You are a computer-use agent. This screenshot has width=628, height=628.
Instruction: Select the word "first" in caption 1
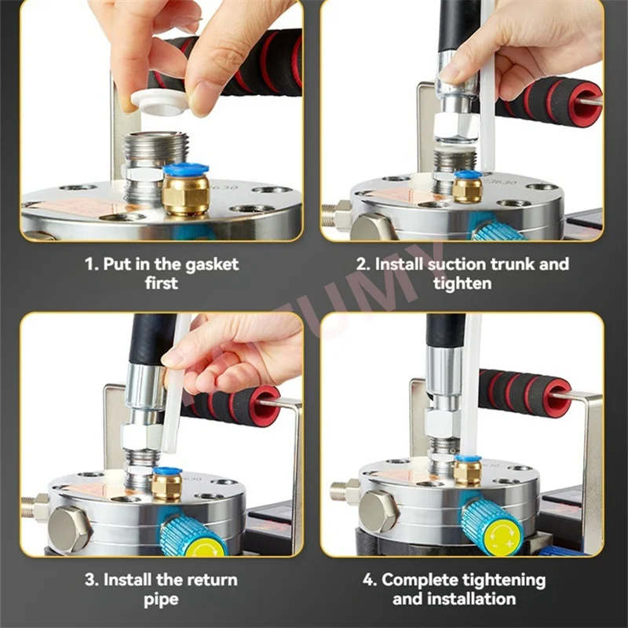point(162,283)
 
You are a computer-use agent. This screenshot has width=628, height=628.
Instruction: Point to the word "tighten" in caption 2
point(462,283)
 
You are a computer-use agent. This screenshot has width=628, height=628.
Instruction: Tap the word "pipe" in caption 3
point(162,600)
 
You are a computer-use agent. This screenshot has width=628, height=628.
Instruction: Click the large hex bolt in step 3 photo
point(69,527)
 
